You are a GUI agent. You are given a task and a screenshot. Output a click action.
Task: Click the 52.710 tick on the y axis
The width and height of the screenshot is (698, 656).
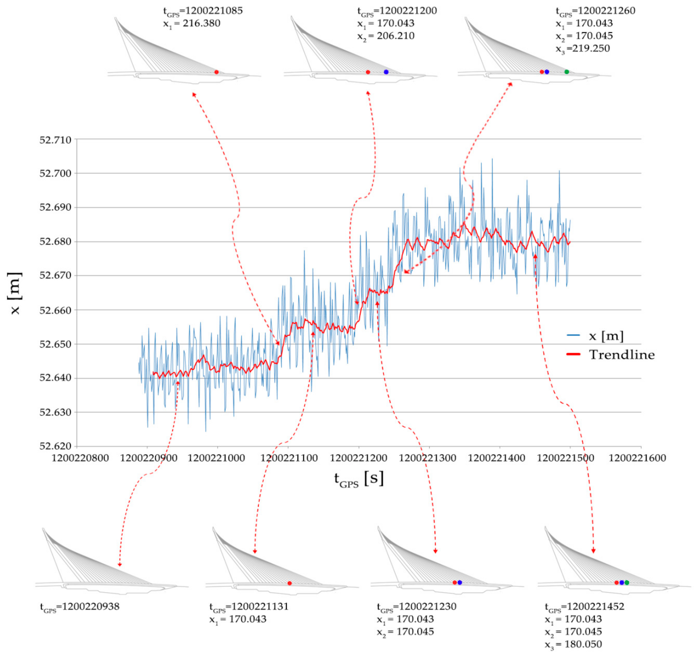tap(55, 140)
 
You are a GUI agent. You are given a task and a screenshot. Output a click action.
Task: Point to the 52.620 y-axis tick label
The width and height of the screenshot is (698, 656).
tap(55, 446)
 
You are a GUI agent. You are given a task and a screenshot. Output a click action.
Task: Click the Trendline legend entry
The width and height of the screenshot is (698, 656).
tap(621, 355)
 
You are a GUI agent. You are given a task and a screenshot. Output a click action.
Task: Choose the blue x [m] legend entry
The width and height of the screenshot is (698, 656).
tap(606, 336)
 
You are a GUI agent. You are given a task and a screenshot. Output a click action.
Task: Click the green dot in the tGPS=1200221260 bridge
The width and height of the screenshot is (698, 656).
tap(566, 72)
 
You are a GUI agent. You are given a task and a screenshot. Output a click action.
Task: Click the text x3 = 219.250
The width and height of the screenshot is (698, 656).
tap(583, 49)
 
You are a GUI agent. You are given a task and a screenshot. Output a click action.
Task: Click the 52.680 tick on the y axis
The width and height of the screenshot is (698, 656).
tap(55, 242)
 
